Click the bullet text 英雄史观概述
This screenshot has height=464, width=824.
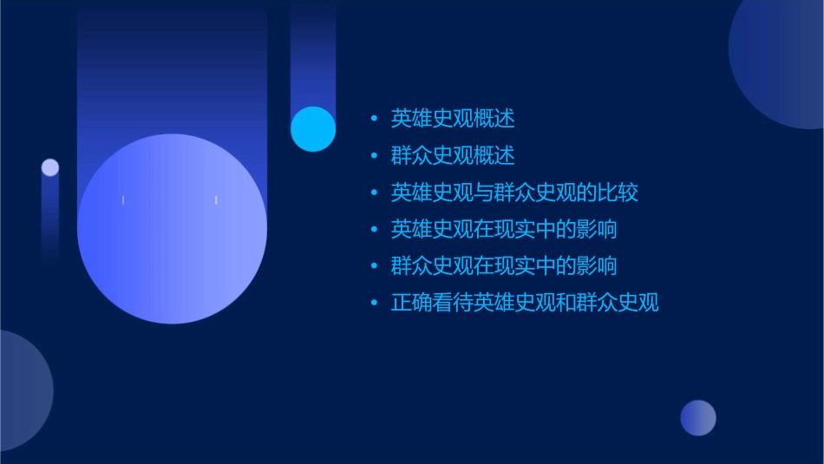(452, 118)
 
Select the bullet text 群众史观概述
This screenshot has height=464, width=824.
(452, 155)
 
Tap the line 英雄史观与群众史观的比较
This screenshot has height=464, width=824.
(514, 192)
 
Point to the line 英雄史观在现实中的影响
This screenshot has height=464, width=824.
(504, 229)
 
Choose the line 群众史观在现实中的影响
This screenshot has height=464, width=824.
(504, 265)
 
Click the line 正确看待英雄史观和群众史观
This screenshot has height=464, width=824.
(525, 303)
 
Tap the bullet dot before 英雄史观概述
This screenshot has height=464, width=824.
(375, 119)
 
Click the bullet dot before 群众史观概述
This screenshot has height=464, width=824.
(375, 156)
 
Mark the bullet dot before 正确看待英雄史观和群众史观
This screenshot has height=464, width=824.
(375, 304)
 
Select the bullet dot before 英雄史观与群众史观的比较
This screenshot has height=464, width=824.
(375, 193)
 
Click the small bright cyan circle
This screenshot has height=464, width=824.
(313, 129)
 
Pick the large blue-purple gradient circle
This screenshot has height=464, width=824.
(172, 228)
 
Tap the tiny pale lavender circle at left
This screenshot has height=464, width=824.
(50, 167)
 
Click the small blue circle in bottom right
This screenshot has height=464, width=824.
(698, 417)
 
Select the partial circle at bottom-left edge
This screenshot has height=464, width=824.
(22, 390)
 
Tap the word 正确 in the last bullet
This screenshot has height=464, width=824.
(411, 303)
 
